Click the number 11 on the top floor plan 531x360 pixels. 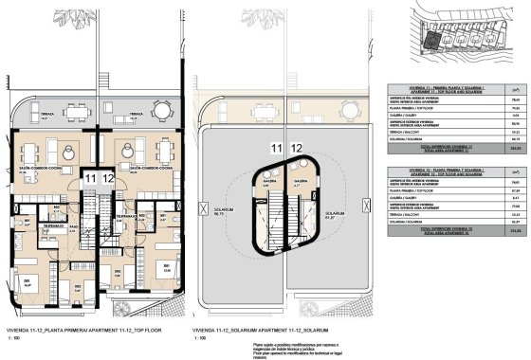90,177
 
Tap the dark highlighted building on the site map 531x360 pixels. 431,39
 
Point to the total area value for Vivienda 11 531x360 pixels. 513,149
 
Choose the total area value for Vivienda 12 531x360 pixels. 513,230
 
